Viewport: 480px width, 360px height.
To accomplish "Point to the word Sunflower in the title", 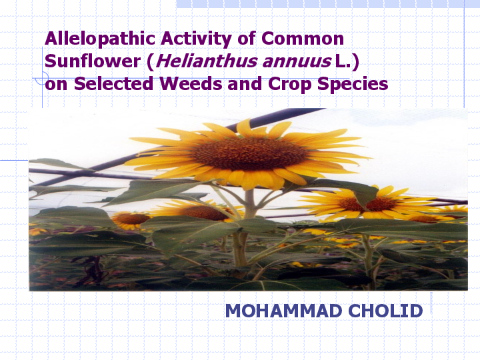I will (x=89, y=62).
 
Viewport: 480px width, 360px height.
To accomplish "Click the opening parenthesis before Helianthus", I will (x=151, y=62).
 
